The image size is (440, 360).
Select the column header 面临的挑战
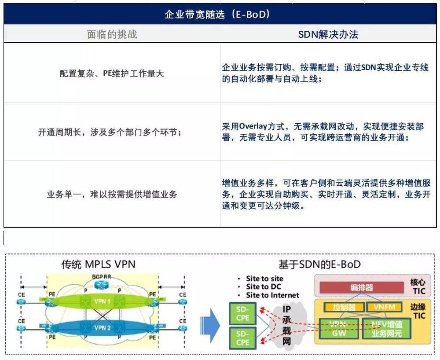[x=112, y=34]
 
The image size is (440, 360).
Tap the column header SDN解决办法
[x=328, y=34]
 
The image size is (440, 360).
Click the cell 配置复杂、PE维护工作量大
[x=112, y=73]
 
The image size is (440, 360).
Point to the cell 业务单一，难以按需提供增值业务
[x=112, y=194]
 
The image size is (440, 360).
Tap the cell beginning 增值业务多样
[x=326, y=194]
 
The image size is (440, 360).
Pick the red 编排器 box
[x=361, y=287]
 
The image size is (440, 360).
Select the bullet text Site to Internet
[x=272, y=295]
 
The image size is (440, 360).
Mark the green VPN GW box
[x=339, y=328]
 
